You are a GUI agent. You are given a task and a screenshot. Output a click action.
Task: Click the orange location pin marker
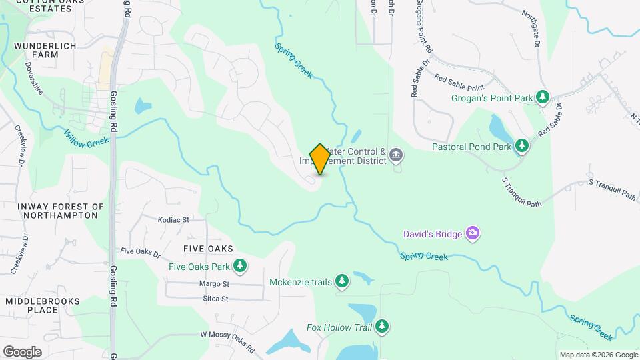320,159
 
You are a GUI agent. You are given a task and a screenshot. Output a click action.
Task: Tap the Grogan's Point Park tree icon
543,98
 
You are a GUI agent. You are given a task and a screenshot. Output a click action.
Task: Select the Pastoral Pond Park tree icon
521,146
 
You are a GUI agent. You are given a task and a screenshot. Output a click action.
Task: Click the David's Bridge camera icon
473,233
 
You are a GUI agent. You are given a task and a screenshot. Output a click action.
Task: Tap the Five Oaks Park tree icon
240,267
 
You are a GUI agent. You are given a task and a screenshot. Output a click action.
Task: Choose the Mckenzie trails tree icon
342,282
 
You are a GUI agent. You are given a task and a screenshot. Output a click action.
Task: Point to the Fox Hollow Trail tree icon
382,327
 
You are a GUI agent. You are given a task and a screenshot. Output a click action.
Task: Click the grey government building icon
396,156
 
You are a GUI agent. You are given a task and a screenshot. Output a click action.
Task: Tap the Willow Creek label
86,135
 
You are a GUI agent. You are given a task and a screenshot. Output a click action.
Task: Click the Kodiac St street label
173,219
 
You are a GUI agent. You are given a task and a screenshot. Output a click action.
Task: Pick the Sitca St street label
215,299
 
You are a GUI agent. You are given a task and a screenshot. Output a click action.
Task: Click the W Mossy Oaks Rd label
227,341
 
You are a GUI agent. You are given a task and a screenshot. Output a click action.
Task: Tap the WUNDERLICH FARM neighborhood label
45,50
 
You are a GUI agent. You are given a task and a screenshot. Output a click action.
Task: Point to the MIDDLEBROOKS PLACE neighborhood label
41,305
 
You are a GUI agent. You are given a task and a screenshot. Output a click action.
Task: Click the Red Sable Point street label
459,82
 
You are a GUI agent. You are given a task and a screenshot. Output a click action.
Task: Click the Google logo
22,351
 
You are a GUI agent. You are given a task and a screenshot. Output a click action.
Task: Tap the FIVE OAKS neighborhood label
208,249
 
